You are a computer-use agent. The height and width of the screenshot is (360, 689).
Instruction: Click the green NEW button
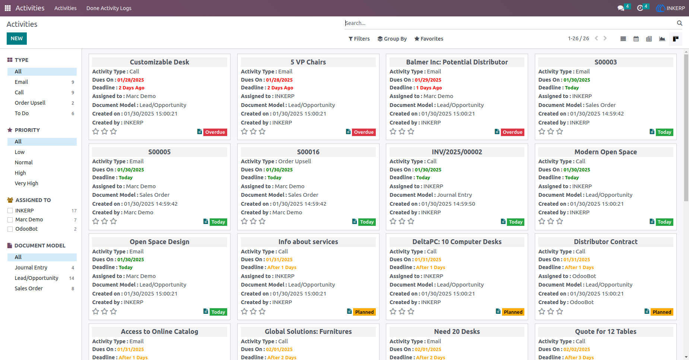point(17,38)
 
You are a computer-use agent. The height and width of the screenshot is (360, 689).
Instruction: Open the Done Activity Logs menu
point(109,8)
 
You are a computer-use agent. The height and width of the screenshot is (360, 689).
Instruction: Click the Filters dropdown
point(359,39)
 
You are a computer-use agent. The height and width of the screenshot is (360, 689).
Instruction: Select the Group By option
point(392,39)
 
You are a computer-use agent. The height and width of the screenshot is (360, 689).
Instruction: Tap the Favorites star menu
point(429,39)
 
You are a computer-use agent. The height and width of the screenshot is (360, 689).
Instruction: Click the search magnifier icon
point(680,23)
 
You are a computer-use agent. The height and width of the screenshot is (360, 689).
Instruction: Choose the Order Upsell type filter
point(30,103)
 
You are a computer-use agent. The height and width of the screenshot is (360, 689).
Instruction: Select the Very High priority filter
point(26,183)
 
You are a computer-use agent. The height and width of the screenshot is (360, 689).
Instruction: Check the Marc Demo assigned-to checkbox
point(10,220)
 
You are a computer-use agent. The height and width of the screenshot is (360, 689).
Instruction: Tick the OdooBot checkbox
point(10,229)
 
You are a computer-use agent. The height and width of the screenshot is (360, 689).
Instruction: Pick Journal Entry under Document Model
point(31,268)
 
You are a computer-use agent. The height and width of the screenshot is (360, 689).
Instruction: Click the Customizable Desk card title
point(159,62)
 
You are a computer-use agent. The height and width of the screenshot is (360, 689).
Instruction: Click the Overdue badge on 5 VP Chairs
point(364,132)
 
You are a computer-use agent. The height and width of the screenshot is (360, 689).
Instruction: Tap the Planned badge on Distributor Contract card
point(662,312)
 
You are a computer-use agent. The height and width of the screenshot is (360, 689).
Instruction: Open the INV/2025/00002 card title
point(457,152)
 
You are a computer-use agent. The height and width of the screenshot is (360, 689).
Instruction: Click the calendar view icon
point(636,39)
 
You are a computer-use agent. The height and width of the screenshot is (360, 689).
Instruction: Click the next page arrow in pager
point(605,38)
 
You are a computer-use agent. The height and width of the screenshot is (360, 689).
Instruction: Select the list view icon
point(623,39)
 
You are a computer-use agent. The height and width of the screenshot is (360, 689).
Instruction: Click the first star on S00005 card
point(96,221)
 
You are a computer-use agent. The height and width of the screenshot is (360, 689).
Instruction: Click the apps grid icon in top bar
point(7,8)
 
